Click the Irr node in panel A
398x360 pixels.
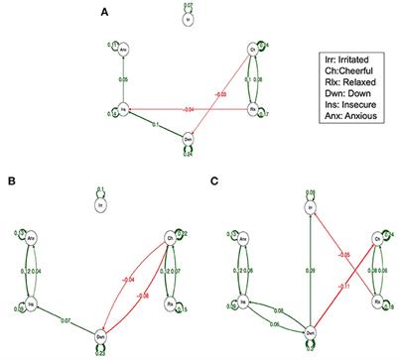pos(189,18)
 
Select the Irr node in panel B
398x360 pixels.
pos(99,204)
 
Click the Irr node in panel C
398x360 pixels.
pos(310,208)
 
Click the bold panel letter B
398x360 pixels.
pos(11,181)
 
